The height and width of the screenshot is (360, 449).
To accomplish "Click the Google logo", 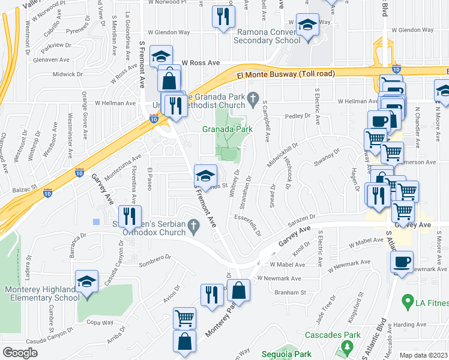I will [20, 353].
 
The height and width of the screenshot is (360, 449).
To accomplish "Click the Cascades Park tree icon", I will [346, 347].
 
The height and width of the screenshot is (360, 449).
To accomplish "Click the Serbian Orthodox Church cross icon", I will [193, 226].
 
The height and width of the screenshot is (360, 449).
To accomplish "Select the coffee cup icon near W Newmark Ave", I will [402, 262].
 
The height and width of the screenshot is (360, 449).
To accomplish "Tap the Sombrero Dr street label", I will [151, 262].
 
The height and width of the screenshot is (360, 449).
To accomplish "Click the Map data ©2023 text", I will [424, 355].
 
